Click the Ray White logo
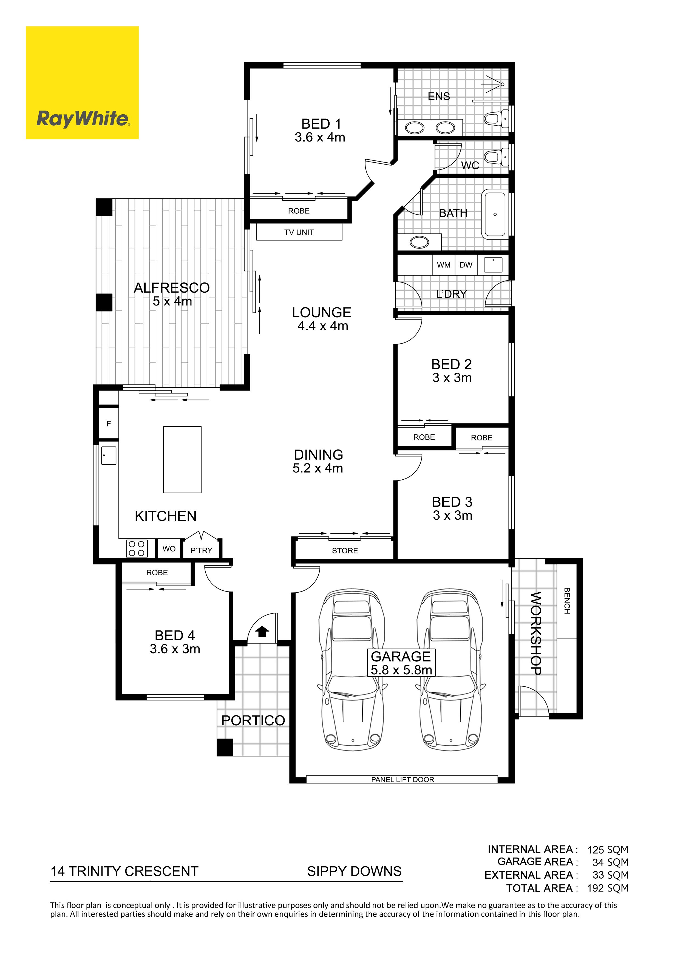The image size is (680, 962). pos(82,83)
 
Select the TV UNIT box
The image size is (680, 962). pos(299,232)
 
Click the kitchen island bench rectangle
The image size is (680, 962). pos(182,459)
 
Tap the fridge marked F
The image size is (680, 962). pos(109,424)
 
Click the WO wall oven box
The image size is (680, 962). pos(169,548)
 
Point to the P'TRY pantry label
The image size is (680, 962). pos(202,550)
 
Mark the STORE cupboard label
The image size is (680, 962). pos(345,551)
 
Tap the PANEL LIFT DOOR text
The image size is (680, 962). pos(403,779)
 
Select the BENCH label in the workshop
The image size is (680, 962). pos(567,600)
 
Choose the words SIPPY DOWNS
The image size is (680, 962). pos(355,871)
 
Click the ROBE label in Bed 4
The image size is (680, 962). pos(157,572)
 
